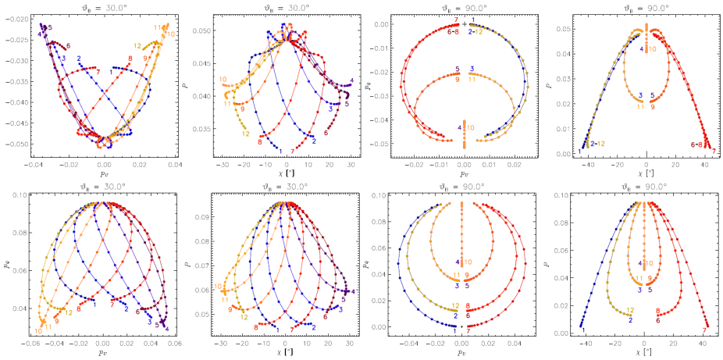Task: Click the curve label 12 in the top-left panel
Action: pyautogui.click(x=137, y=46)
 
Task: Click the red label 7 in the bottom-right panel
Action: pyautogui.click(x=706, y=330)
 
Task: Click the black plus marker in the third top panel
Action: pyautogui.click(x=465, y=24)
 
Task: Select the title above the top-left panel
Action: pyautogui.click(x=98, y=7)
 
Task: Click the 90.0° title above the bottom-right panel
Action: pyautogui.click(x=644, y=186)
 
